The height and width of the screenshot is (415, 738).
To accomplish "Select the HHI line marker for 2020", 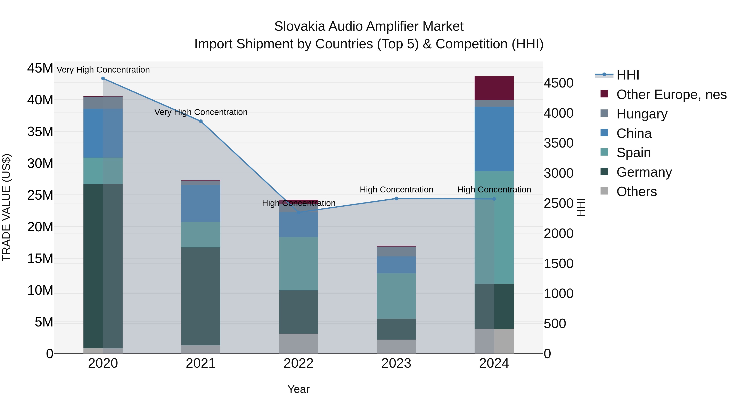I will click(x=103, y=78).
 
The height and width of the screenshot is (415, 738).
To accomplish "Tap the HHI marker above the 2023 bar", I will click(x=396, y=198).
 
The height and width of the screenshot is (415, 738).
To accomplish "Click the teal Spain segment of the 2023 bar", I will click(x=396, y=296).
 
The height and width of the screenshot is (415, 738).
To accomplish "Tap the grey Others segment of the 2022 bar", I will click(x=298, y=343).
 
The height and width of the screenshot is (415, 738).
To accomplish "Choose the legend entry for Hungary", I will click(x=641, y=114).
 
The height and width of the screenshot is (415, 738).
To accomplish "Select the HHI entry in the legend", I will click(x=628, y=75).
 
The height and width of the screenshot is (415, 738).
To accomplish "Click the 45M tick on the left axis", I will click(x=40, y=68).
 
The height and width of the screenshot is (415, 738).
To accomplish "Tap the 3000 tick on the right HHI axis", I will click(x=558, y=173).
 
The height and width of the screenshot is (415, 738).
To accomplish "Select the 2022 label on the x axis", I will click(x=298, y=363).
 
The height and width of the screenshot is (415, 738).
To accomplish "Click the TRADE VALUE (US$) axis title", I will click(x=6, y=207).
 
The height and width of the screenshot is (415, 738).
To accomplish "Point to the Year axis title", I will click(x=298, y=389).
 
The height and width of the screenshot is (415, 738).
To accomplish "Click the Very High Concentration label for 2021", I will click(x=201, y=112).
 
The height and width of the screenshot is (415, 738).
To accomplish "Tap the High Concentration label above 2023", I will click(x=396, y=190).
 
